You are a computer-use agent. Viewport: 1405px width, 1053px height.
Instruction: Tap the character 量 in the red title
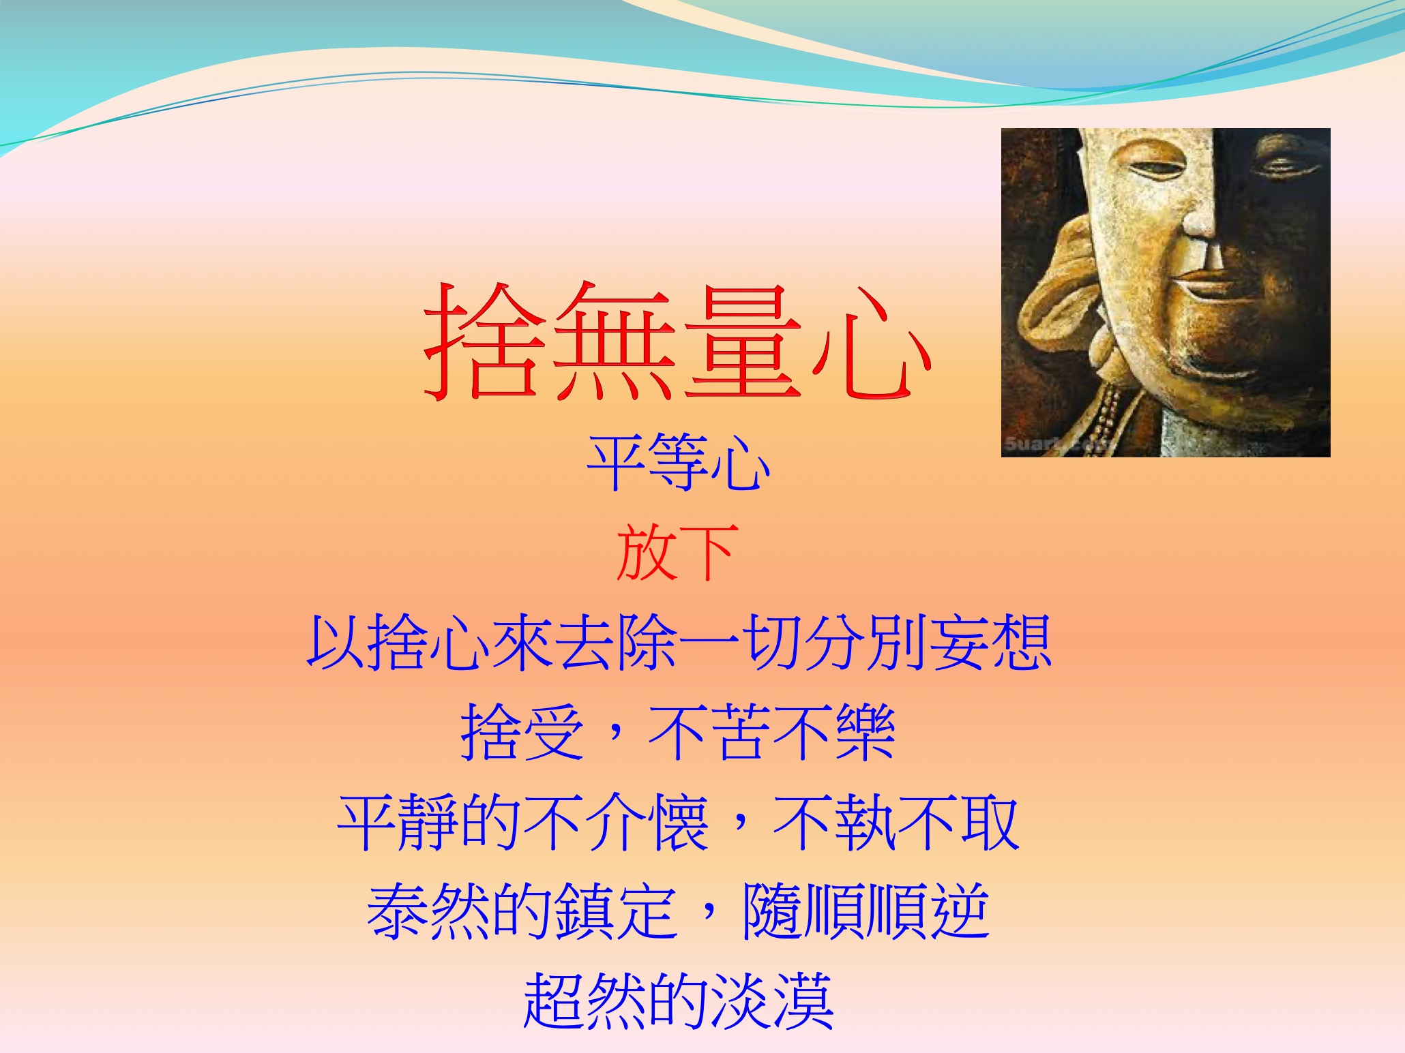pyautogui.click(x=741, y=341)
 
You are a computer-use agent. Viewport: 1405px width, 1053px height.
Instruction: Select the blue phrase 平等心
pyautogui.click(x=679, y=463)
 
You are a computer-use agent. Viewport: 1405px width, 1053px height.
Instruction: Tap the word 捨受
pyautogui.click(x=522, y=732)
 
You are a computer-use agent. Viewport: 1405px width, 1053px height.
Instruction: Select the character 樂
pyautogui.click(x=865, y=732)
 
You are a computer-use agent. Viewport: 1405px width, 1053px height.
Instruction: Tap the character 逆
pyautogui.click(x=960, y=912)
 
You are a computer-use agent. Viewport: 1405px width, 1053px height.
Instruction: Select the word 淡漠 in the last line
pyautogui.click(x=772, y=1001)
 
